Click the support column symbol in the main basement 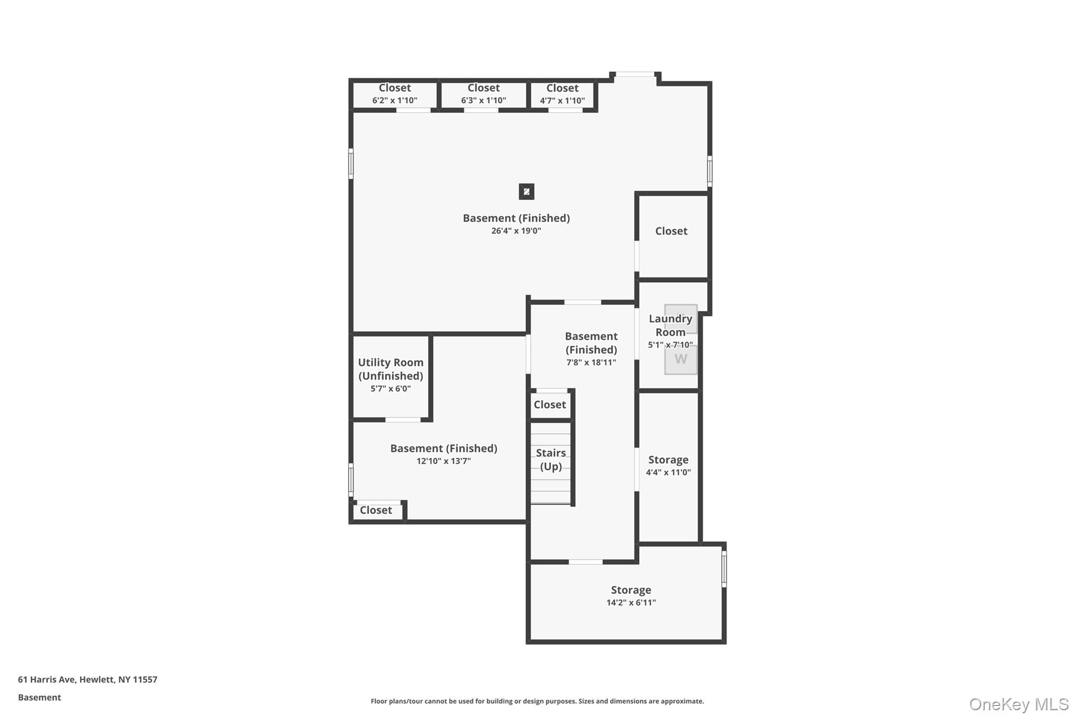[x=526, y=191]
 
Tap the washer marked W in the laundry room [x=681, y=360]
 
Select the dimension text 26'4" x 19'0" [x=516, y=231]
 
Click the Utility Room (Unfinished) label [x=391, y=369]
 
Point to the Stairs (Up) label [x=551, y=459]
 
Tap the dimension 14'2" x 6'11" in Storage [x=631, y=603]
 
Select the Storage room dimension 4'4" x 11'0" [x=668, y=472]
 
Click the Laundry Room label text [x=670, y=325]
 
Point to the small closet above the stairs [x=550, y=404]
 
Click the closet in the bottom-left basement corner [x=376, y=510]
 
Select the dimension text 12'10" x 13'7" [x=444, y=461]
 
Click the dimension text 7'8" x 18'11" [x=591, y=362]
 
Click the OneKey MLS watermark [x=1018, y=704]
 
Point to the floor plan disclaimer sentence [x=537, y=701]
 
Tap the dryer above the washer [x=681, y=318]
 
